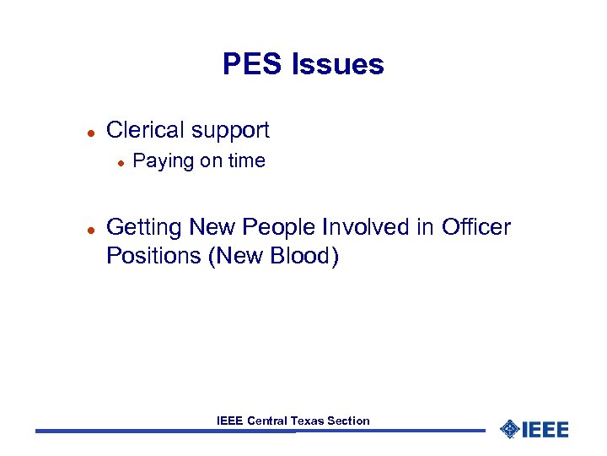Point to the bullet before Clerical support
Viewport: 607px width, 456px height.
coord(89,131)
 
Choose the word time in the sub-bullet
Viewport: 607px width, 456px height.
coord(245,160)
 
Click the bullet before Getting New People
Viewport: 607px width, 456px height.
coord(89,228)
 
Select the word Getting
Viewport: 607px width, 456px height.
coord(145,228)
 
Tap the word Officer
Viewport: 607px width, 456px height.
coord(476,227)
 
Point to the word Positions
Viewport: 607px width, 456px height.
coord(153,256)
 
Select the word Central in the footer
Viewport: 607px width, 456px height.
coord(267,421)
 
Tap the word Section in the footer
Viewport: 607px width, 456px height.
coord(350,421)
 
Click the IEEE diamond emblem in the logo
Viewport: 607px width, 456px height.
coord(509,429)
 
